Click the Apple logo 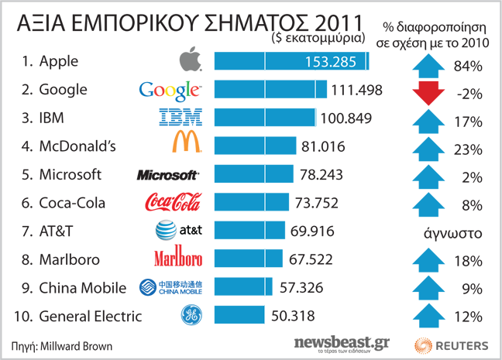[190, 61]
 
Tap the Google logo [170, 90]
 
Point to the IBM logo [181, 118]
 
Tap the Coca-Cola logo [174, 203]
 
